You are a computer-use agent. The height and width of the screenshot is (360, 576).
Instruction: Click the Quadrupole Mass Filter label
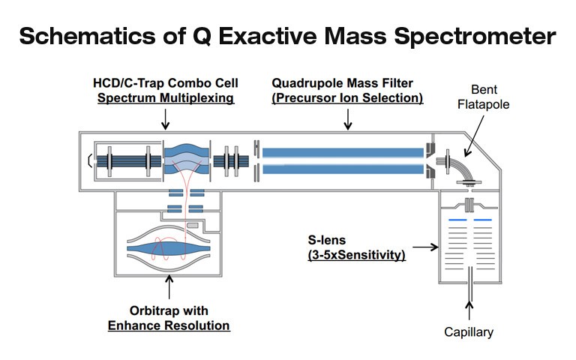(x=347, y=82)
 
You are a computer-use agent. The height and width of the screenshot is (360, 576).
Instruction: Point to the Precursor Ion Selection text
(x=347, y=97)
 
